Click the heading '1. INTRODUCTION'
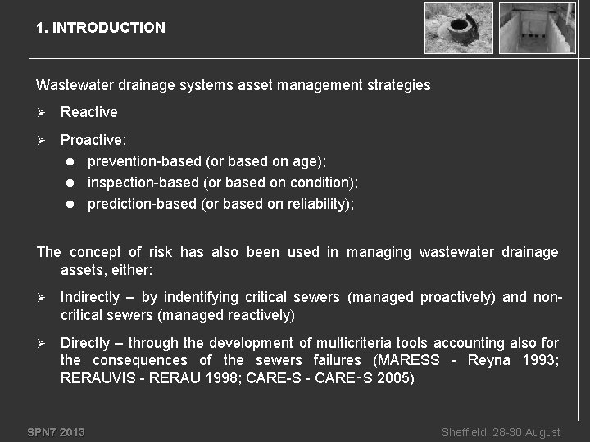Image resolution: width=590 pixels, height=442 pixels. pyautogui.click(x=100, y=28)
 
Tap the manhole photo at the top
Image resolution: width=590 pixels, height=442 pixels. pyautogui.click(x=459, y=28)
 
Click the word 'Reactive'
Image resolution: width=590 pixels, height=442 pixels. pyautogui.click(x=89, y=112)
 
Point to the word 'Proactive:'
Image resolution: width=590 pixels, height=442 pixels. pyautogui.click(x=93, y=141)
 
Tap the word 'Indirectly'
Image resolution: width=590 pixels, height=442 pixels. pyautogui.click(x=91, y=297)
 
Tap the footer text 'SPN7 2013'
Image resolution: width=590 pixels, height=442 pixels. pyautogui.click(x=56, y=432)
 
